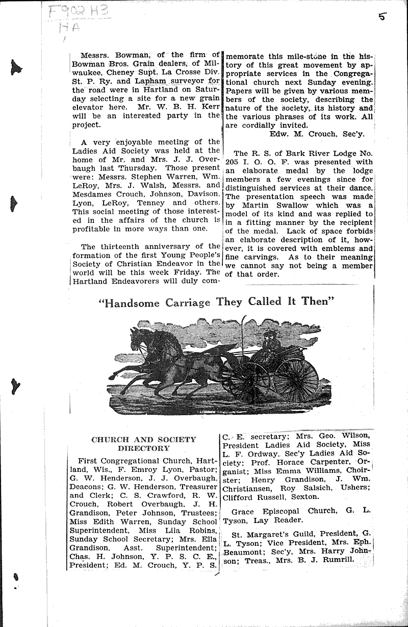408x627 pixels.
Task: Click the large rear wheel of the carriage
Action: pos(296,380)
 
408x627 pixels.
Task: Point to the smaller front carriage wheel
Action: pos(248,382)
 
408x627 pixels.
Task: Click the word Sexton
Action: pos(306,496)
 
